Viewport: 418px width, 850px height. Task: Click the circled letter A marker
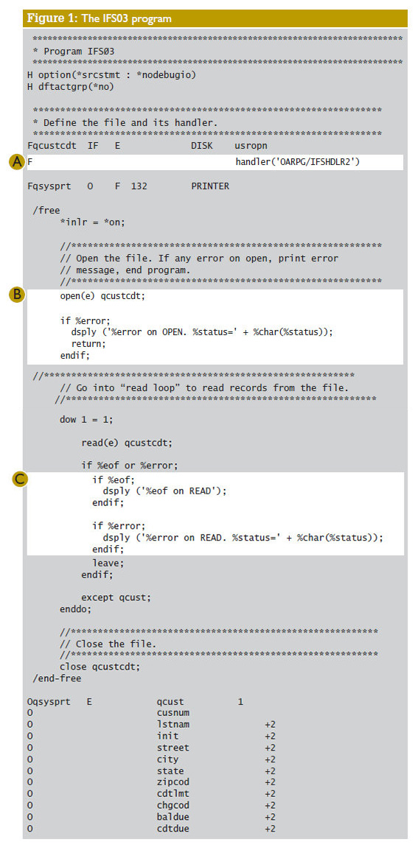17,162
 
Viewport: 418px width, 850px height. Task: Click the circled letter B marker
17,295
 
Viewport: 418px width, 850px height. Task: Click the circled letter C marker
20,480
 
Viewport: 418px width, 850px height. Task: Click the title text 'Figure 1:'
52,18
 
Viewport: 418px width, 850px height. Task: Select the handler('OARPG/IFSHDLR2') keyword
297,161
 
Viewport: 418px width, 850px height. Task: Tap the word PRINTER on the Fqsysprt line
209,186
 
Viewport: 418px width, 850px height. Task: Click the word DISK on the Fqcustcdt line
201,145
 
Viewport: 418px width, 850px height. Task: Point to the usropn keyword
250,146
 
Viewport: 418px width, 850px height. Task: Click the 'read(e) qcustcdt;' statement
127,443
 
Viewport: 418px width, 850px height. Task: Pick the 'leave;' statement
108,563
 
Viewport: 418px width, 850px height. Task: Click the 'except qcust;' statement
116,597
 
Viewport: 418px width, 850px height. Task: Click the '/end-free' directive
57,678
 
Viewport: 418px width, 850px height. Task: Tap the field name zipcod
173,782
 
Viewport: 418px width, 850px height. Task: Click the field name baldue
173,817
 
